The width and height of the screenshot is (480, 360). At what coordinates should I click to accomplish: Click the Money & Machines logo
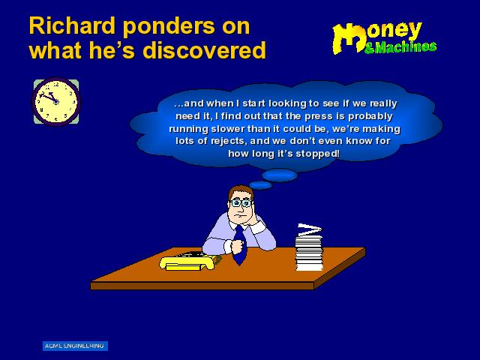[x=384, y=38]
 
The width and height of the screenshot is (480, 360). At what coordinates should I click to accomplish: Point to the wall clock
[x=56, y=102]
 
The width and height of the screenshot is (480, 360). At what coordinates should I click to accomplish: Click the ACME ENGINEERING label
[x=75, y=346]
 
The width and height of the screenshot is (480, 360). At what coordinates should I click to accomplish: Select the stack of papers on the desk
[x=309, y=247]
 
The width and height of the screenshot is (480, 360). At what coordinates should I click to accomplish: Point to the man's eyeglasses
[x=241, y=203]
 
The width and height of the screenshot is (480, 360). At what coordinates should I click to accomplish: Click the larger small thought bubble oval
[x=280, y=175]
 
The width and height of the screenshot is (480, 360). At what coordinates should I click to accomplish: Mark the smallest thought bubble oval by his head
[x=260, y=185]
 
